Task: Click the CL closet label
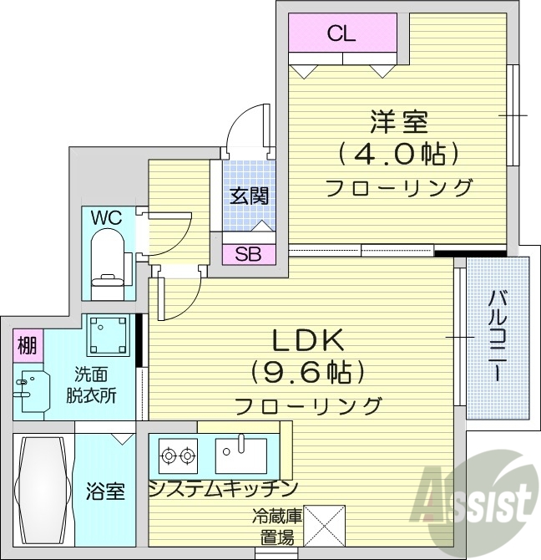pyautogui.click(x=341, y=33)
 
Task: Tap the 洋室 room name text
pyautogui.click(x=399, y=122)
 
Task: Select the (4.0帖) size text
pyautogui.click(x=399, y=154)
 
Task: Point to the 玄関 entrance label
pyautogui.click(x=249, y=196)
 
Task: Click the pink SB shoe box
pyautogui.click(x=248, y=254)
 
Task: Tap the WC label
pyautogui.click(x=106, y=217)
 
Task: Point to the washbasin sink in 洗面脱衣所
pyautogui.click(x=29, y=385)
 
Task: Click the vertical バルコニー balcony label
pyautogui.click(x=497, y=337)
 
